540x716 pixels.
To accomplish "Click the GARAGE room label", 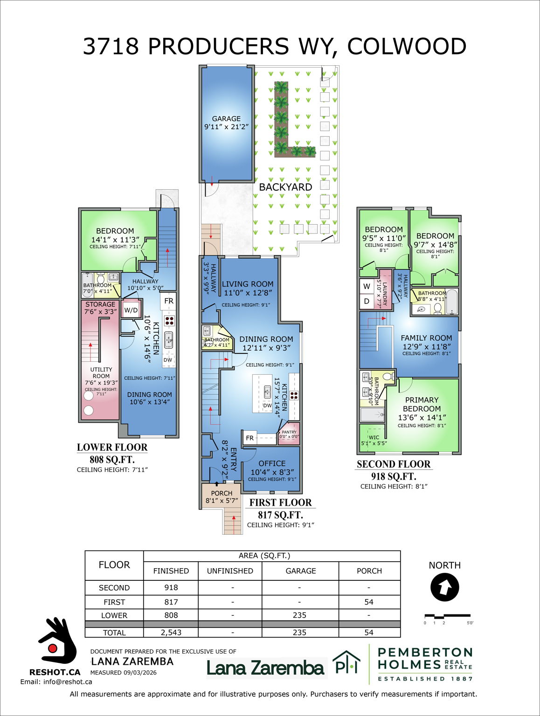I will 226,119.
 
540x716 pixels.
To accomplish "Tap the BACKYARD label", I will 285,187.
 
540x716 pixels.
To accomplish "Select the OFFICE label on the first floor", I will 272,463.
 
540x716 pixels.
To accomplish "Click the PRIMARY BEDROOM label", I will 422,404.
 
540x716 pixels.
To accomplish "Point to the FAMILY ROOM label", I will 426,338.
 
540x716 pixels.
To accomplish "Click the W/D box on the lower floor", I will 131,310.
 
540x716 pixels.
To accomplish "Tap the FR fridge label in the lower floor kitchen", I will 168,301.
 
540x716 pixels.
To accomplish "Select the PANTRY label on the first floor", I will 289,432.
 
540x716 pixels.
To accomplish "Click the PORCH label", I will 222,493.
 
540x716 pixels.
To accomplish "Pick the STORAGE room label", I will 100,304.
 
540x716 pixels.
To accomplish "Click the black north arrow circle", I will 444,587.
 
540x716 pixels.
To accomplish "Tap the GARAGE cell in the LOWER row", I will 300,615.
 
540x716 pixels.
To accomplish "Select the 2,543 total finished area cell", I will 171,633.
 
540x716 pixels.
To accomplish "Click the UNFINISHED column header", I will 230,571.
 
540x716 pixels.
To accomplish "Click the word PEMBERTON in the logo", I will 425,652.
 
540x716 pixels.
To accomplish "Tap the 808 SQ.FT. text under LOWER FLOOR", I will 112,460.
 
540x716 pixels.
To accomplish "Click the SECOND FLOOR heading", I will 394,464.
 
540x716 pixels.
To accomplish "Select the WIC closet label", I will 374,438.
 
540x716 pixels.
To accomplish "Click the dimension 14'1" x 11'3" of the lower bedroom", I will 115,240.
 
